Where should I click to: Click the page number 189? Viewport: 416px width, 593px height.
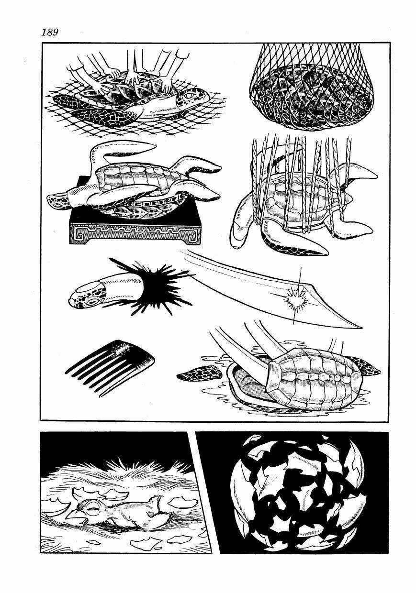tap(50, 32)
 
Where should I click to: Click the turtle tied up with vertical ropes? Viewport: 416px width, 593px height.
tap(302, 201)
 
